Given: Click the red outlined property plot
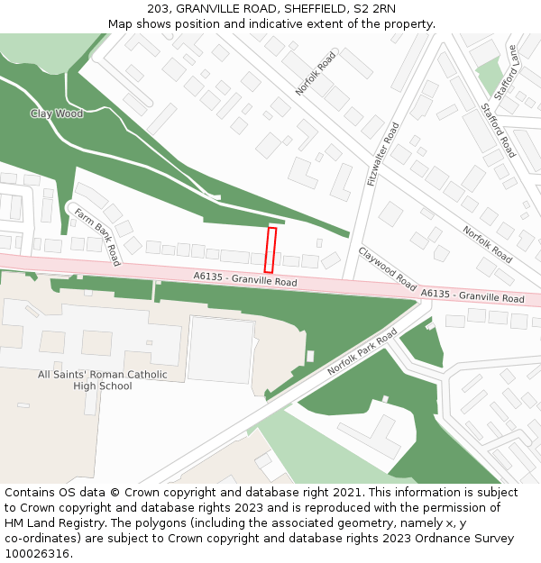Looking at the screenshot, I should (x=270, y=250).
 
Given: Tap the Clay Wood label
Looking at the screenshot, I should (x=56, y=114).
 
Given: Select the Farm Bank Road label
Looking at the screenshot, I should (x=97, y=237).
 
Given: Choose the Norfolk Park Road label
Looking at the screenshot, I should (x=362, y=352).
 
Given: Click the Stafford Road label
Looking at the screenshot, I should (x=499, y=130).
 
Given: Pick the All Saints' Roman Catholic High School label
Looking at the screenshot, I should (x=103, y=380).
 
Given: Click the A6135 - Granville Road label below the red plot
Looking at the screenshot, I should (x=245, y=280).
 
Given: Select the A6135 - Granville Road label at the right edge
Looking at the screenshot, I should (x=472, y=295).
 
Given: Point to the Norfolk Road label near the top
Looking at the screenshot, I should (x=315, y=73).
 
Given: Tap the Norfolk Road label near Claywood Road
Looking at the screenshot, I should (x=488, y=244).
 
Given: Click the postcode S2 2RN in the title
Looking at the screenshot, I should (x=375, y=9).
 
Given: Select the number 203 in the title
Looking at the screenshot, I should (x=159, y=9).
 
